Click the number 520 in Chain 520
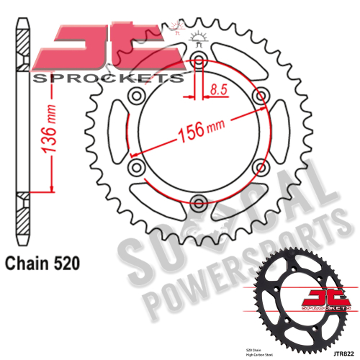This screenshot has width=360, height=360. coord(64,264)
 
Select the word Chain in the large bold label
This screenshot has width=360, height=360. coord(27,264)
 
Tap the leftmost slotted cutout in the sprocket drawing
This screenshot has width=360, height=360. coord(113,133)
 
